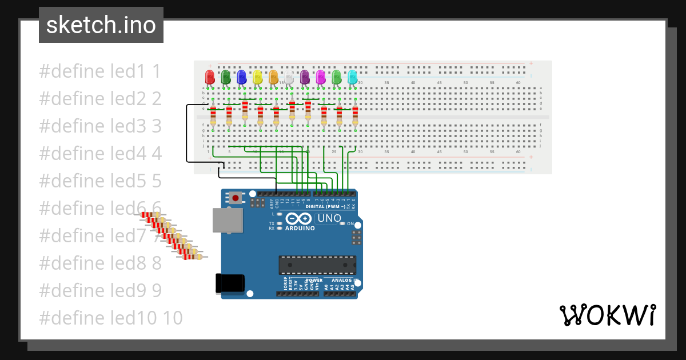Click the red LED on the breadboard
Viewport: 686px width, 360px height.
click(210, 77)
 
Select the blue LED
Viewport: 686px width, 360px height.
click(241, 77)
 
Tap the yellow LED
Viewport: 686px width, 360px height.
click(257, 77)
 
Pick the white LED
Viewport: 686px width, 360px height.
click(289, 77)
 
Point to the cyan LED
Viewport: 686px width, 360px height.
click(352, 77)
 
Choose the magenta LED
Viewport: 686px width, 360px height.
click(321, 77)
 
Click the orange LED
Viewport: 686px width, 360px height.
click(273, 77)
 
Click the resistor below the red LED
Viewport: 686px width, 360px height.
click(213, 116)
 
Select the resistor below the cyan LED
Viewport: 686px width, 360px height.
click(355, 116)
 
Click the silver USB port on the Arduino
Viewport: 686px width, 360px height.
click(227, 220)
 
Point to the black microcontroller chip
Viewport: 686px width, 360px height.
click(317, 265)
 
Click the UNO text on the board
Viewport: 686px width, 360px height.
click(329, 218)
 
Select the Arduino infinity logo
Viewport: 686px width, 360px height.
click(298, 218)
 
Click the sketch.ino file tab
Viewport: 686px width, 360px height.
click(101, 25)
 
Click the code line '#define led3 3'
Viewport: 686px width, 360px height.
click(101, 126)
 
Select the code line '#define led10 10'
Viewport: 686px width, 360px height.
click(111, 318)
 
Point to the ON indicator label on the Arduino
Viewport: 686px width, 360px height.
click(350, 224)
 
